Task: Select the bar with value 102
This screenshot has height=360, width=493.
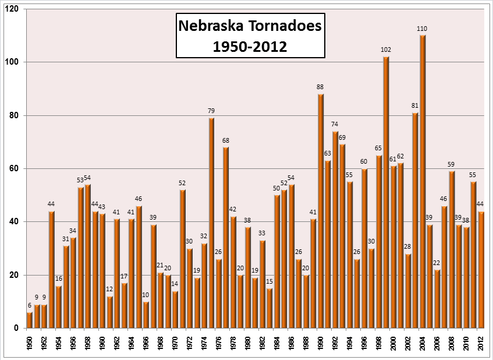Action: pos(386,192)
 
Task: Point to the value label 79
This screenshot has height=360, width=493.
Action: pos(211,111)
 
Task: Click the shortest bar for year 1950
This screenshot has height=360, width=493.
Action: pos(30,320)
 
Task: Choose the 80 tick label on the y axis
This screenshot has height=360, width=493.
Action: pos(13,115)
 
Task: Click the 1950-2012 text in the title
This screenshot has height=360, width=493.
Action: pos(249,46)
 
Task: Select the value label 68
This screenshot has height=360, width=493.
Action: pos(226,140)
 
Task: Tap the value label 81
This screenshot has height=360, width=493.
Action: pos(415,105)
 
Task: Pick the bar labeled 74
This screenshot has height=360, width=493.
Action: pos(335,230)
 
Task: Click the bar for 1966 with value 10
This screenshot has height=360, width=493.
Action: pos(146,315)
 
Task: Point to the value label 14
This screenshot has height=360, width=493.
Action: pos(175,285)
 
